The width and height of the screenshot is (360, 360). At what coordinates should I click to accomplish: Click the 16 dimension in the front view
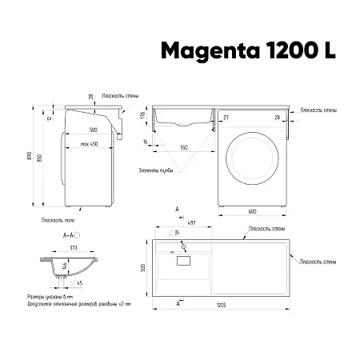[146, 140]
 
